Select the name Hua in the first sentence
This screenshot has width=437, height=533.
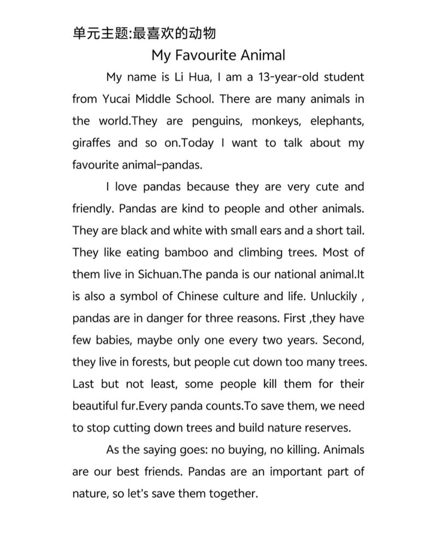pyautogui.click(x=198, y=77)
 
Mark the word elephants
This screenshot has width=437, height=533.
pyautogui.click(x=337, y=121)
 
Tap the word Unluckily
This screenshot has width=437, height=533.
pyautogui.click(x=334, y=297)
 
